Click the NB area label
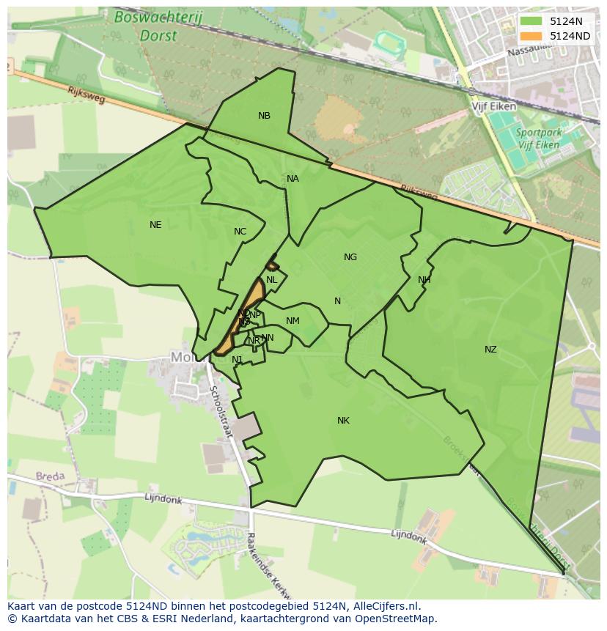[x=264, y=116]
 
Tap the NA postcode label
[x=293, y=179]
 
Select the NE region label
[x=155, y=225]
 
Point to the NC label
[x=240, y=232]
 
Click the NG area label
[x=350, y=257]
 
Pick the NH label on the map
[x=424, y=280]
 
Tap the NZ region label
[x=490, y=350]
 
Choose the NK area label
[x=343, y=421]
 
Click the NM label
[x=293, y=321]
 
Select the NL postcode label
[x=271, y=280]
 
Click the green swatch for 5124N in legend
[x=531, y=21]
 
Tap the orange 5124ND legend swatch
[x=531, y=36]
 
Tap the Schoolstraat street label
[x=220, y=412]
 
